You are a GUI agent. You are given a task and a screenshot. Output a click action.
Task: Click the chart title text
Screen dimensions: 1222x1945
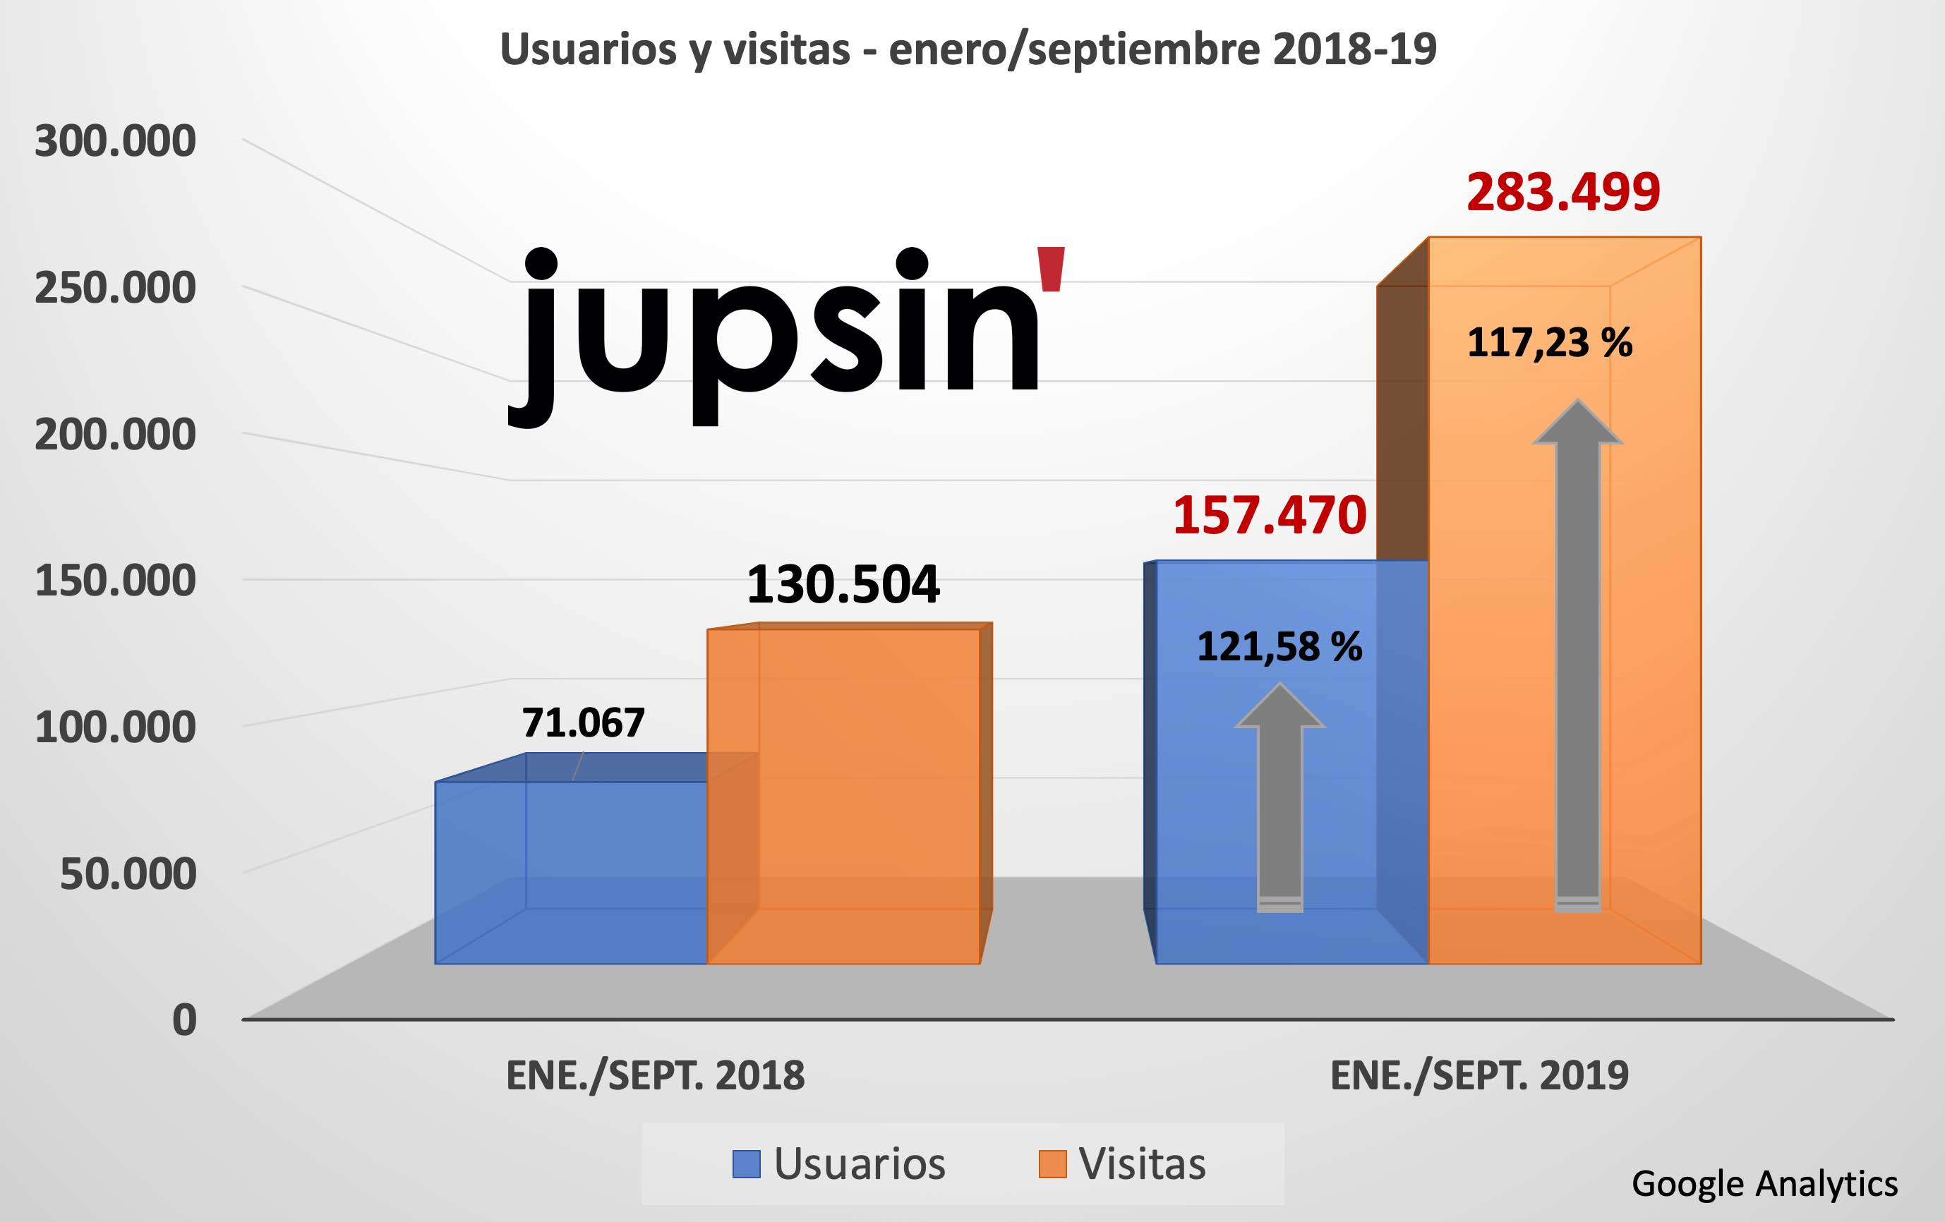coord(968,50)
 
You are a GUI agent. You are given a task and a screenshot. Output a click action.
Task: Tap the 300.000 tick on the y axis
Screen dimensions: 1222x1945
coord(116,141)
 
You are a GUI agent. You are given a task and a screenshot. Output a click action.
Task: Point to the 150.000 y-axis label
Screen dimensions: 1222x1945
coord(116,581)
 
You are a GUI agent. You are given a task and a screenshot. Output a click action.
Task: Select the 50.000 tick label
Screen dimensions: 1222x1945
coord(128,874)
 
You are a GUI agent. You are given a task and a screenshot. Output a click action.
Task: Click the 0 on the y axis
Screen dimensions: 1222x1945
coord(184,1020)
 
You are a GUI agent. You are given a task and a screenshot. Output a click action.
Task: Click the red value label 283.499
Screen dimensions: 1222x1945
coord(1563,193)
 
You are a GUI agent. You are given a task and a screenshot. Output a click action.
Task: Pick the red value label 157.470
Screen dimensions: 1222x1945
coord(1269,516)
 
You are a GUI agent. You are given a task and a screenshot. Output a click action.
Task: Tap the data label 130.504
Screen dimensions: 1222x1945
coord(843,585)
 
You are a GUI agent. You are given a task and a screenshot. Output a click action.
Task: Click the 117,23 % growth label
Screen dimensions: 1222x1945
coord(1549,342)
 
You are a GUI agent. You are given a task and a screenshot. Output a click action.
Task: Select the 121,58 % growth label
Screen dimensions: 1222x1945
coord(1279,647)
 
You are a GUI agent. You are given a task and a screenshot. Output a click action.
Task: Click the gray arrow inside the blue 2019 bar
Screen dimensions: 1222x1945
coord(1279,799)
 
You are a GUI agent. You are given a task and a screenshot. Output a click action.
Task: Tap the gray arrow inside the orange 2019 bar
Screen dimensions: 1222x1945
coord(1577,654)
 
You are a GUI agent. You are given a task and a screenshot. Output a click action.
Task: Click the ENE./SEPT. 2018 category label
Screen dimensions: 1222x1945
coord(655,1076)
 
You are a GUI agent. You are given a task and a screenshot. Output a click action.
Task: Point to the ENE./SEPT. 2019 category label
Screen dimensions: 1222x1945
coord(1479,1076)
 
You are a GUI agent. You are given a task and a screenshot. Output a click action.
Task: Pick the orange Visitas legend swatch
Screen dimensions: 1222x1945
coord(1052,1164)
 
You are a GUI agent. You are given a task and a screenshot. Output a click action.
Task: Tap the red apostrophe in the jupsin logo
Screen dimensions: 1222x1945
coord(1052,269)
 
